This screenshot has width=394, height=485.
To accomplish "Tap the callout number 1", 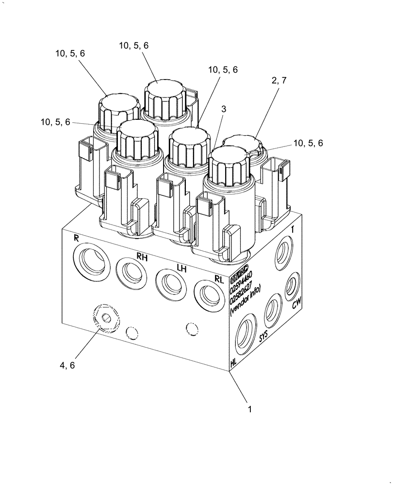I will [250, 409].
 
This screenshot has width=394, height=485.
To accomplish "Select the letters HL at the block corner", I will [234, 362].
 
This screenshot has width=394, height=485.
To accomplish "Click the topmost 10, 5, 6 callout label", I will [134, 45].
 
